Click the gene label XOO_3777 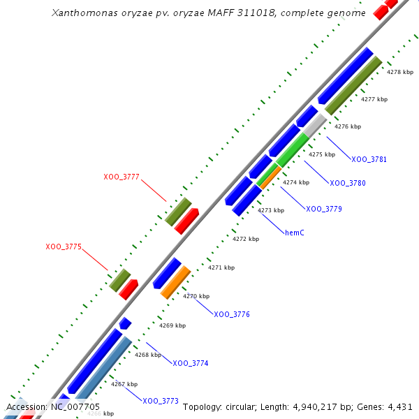pyautogui.click(x=122, y=177)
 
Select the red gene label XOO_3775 pyautogui.click(x=64, y=247)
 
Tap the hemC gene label pyautogui.click(x=295, y=233)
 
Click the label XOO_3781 pyautogui.click(x=369, y=159)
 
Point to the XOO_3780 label pyautogui.click(x=348, y=183)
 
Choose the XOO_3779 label pyautogui.click(x=324, y=209)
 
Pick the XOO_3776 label pyautogui.click(x=232, y=314)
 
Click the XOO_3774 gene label pyautogui.click(x=191, y=363)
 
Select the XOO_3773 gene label pyautogui.click(x=161, y=401)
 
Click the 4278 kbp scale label pyautogui.click(x=400, y=72)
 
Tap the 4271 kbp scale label pyautogui.click(x=221, y=267)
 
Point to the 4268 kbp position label pyautogui.click(x=148, y=355)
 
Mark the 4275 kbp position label pyautogui.click(x=322, y=154)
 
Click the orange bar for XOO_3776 pyautogui.click(x=176, y=282)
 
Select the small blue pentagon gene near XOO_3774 pyautogui.click(x=125, y=323)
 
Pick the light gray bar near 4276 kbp pyautogui.click(x=315, y=126)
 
